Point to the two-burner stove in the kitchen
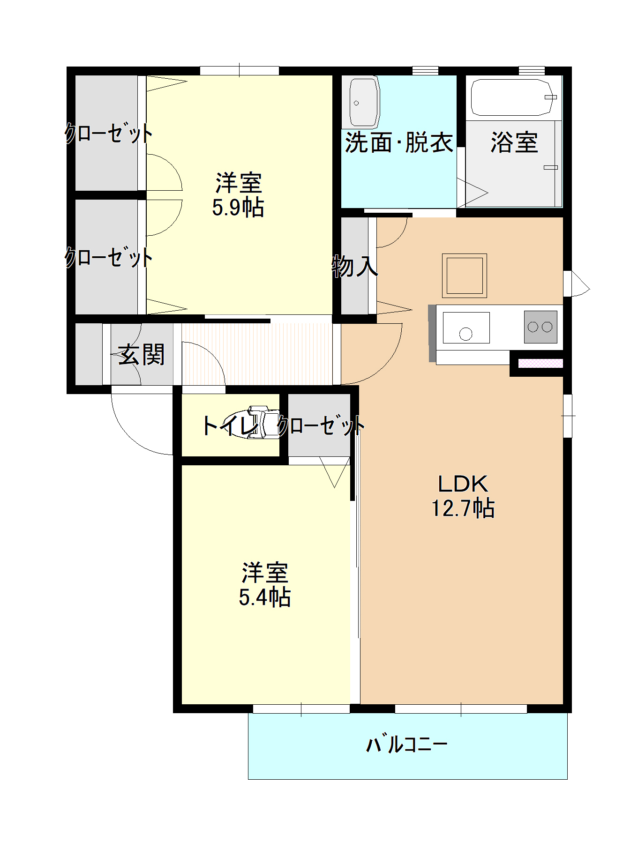click(x=540, y=327)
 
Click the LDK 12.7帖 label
click(x=462, y=496)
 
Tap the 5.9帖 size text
click(x=238, y=208)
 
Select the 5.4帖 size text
click(x=264, y=597)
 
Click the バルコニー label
click(x=406, y=744)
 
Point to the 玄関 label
click(x=141, y=354)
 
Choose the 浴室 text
click(x=514, y=142)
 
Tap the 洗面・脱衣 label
click(x=399, y=142)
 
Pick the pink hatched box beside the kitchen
click(x=540, y=363)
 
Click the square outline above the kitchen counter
click(x=464, y=276)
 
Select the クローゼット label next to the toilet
click(x=321, y=425)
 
